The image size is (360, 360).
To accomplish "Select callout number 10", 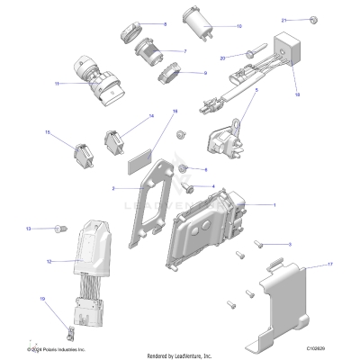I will pyautogui.click(x=239, y=27).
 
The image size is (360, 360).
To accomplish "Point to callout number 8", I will pyautogui.click(x=165, y=24).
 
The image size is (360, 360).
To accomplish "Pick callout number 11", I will pyautogui.click(x=58, y=84).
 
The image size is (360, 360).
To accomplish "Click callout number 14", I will pyautogui.click(x=151, y=116).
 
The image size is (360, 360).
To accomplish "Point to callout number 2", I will pyautogui.click(x=113, y=189).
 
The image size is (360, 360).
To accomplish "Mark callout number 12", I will pyautogui.click(x=48, y=262).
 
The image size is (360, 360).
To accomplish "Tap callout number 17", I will pyautogui.click(x=330, y=265).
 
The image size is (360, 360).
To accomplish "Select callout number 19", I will pyautogui.click(x=41, y=298).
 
